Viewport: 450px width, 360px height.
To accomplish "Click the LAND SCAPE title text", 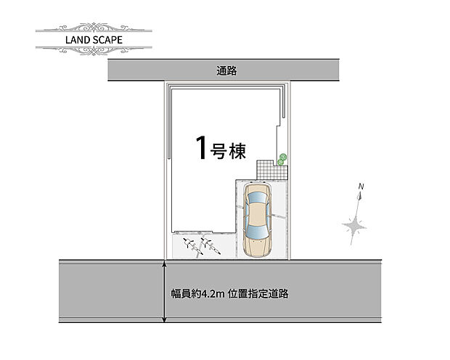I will point(94,39).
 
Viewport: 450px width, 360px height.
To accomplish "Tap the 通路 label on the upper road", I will point(226,70).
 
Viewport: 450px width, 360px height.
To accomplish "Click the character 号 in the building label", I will point(219,151).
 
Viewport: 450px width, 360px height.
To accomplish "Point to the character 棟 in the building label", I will point(238,151).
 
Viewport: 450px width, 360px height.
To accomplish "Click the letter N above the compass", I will point(360,188).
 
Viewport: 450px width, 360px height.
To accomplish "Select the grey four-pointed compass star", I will point(354,227).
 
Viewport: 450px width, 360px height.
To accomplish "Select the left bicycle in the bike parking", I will point(192,245).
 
